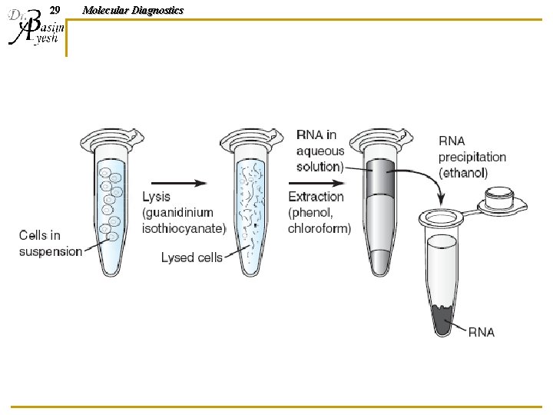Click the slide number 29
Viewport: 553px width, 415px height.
[x=54, y=10]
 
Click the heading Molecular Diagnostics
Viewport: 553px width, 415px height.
[x=133, y=10]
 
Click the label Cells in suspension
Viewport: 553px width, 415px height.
[x=50, y=244]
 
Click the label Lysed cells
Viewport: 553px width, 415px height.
[x=191, y=257]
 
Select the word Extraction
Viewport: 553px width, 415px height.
[x=316, y=198]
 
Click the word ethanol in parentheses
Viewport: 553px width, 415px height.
[x=463, y=173]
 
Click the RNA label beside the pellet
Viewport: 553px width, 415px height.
[x=482, y=332]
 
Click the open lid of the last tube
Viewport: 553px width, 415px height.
[x=502, y=201]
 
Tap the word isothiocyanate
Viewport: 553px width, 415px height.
[x=184, y=228]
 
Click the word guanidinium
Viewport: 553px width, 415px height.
[x=177, y=213]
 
